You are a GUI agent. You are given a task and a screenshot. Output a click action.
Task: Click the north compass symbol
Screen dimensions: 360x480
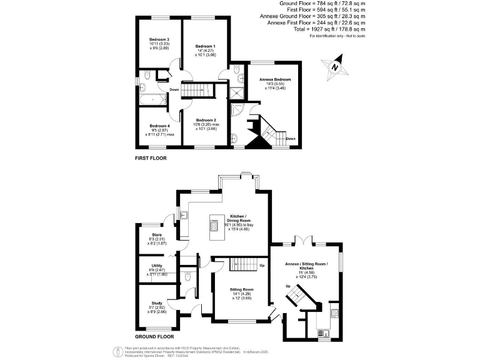coord(335,67)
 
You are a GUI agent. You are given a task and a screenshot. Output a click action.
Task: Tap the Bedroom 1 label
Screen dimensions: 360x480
coord(205,46)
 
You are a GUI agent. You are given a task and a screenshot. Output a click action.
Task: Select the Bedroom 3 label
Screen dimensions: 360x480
coord(159,39)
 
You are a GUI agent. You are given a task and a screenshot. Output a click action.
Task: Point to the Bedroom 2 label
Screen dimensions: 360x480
coord(206,120)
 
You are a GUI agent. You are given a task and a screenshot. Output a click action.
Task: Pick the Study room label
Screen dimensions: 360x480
coord(156,302)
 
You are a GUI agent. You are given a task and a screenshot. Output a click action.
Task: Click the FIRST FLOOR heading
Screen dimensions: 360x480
coord(151,158)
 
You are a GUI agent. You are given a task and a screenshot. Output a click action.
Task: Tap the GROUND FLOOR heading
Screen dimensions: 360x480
coord(154,336)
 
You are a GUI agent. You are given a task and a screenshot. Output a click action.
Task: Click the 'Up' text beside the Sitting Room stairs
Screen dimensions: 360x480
coord(262,265)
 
